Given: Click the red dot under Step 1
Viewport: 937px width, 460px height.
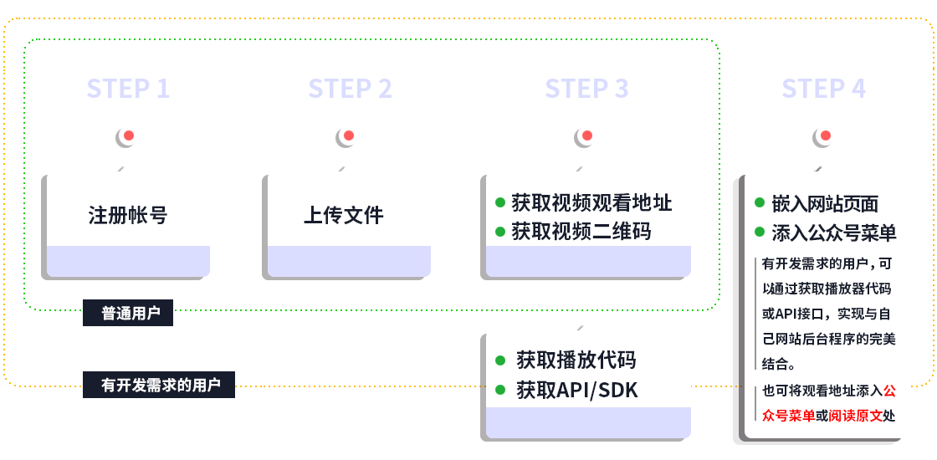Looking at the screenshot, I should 129,135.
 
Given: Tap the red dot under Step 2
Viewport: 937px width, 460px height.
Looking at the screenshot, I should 349,135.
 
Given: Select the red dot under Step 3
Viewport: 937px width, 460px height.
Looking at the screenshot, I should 586,135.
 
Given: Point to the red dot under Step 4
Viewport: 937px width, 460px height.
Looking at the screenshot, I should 826,135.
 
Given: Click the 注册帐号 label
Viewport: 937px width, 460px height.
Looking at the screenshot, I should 128,215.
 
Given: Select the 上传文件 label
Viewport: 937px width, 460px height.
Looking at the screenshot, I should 343,215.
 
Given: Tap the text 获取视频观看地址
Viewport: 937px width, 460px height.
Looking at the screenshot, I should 591,203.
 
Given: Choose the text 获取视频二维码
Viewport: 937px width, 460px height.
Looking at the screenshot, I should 581,231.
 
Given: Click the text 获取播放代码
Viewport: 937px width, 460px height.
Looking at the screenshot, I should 576,360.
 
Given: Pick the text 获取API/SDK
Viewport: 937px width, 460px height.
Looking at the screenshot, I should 576,390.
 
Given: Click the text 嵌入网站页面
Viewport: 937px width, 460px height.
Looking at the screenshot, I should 825,204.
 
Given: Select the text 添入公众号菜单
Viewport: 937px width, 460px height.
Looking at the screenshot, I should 834,233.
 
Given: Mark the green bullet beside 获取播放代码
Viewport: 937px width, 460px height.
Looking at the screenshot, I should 500,360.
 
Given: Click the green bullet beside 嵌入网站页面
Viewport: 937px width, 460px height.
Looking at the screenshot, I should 760,203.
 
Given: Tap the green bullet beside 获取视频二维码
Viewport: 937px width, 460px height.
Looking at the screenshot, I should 499,231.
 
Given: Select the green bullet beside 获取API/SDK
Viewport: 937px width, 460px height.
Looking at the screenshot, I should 500,390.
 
